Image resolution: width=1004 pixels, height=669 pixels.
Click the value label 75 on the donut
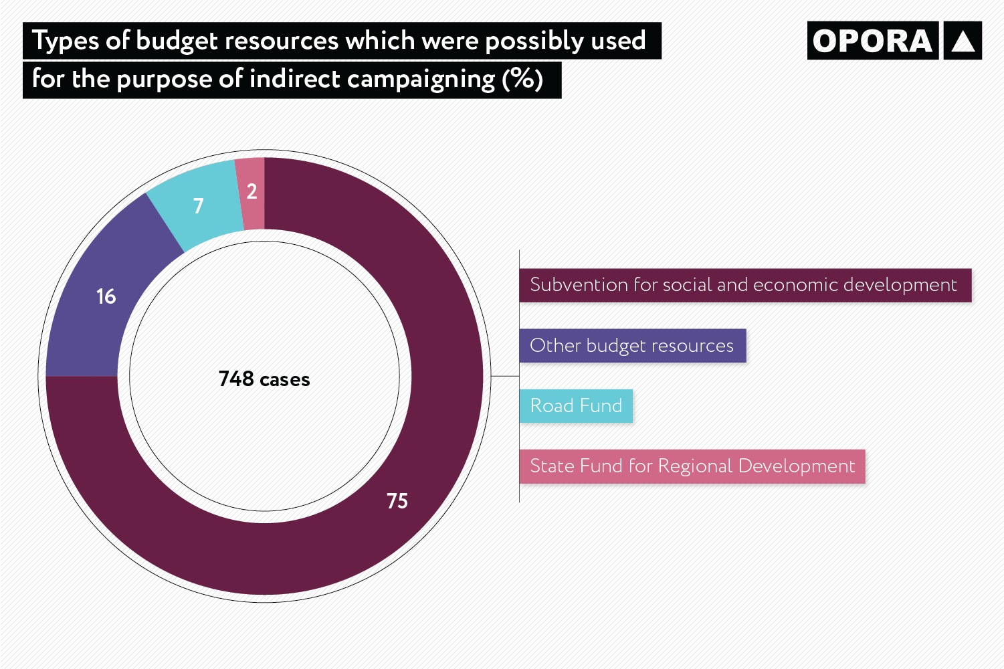click(397, 501)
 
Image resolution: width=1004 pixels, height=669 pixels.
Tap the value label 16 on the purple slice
click(106, 296)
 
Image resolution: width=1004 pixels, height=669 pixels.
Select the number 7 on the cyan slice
click(198, 206)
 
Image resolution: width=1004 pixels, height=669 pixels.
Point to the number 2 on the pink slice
click(252, 191)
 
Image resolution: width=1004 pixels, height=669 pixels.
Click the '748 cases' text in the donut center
click(264, 379)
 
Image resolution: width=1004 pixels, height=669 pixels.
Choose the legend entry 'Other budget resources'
click(632, 346)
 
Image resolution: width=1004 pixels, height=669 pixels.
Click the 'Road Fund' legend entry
click(576, 406)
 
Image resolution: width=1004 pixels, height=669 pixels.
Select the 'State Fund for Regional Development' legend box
click(692, 466)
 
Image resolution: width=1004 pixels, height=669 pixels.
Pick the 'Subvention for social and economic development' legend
click(744, 285)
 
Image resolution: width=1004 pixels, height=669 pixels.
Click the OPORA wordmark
click(872, 41)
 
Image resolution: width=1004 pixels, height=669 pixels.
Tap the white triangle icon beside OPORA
click(963, 41)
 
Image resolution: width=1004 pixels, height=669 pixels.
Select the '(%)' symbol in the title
click(522, 80)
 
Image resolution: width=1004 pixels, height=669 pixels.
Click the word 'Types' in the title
click(65, 41)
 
